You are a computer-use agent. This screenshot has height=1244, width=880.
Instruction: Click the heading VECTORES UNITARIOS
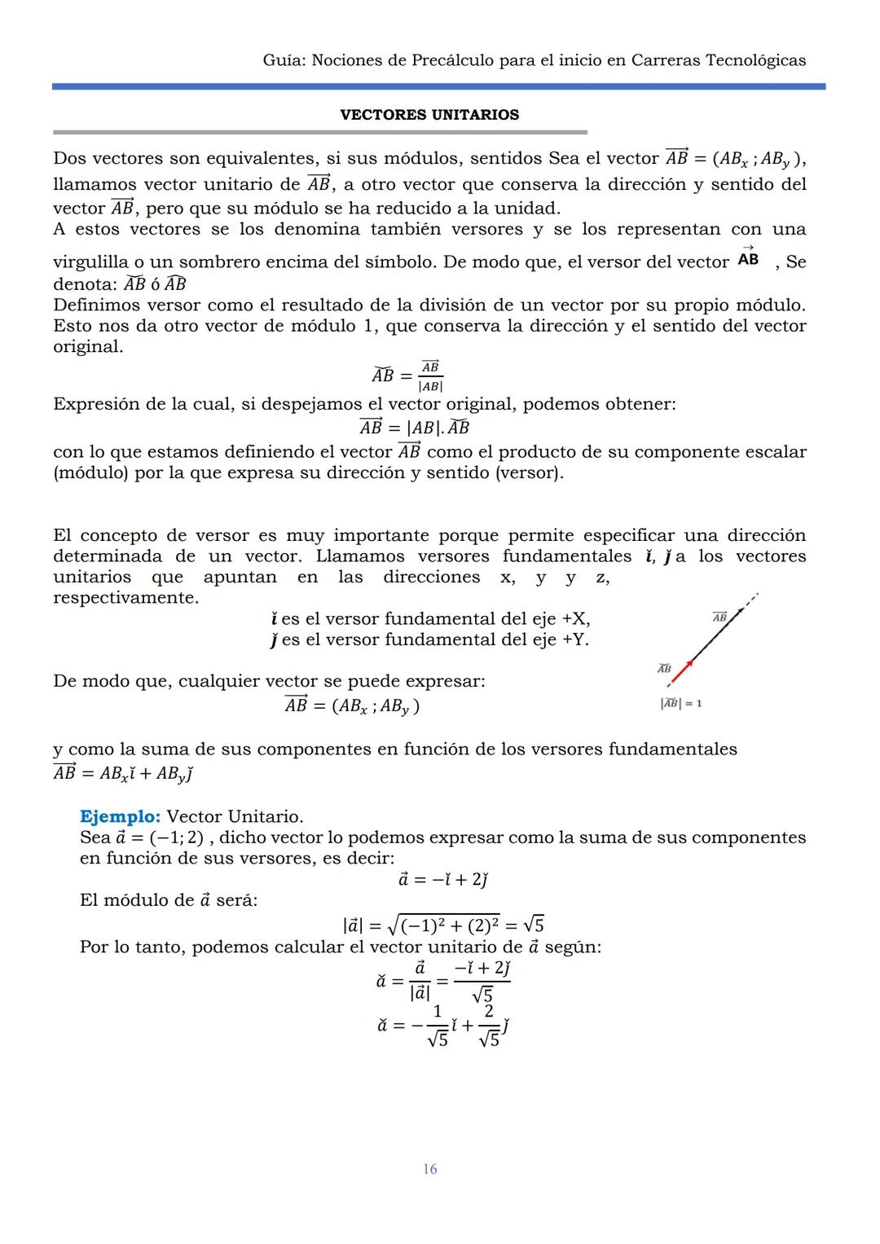429,115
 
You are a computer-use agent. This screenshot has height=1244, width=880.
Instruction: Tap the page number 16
429,1169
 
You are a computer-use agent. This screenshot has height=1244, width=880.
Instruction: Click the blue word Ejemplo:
120,816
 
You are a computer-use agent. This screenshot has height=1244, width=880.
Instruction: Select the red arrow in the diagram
682,673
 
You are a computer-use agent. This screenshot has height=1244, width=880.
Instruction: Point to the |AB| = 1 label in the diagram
681,703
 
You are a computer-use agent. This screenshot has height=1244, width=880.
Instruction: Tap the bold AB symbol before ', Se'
748,259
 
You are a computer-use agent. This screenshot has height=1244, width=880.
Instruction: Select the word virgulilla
90,262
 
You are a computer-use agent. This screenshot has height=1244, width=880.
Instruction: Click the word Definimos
92,305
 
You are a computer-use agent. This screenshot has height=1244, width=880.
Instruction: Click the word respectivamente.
125,598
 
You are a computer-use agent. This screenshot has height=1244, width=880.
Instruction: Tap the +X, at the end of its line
575,619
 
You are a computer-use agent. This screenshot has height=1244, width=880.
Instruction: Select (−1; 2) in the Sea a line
176,837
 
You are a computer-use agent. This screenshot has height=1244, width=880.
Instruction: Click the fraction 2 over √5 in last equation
489,1026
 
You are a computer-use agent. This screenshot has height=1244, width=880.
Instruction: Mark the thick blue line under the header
438,86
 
